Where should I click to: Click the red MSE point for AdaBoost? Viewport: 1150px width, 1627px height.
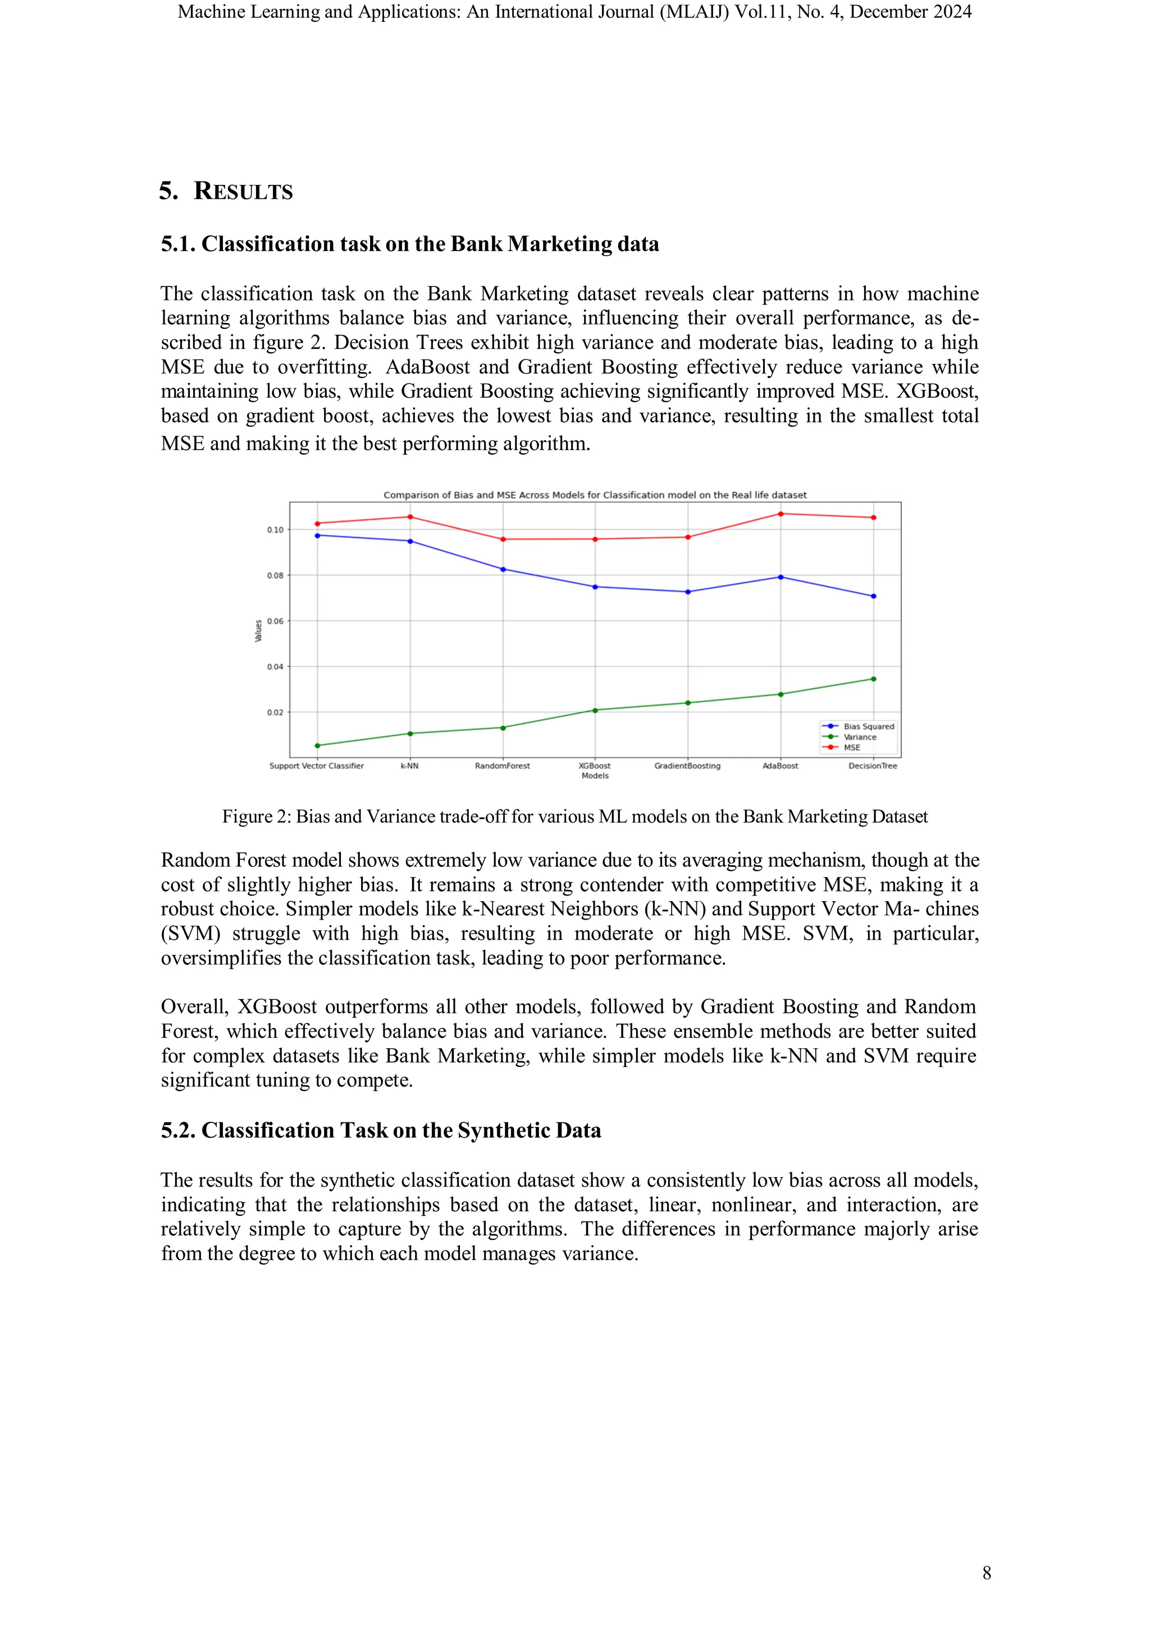point(781,513)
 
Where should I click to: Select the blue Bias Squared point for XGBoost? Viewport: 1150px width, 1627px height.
point(595,587)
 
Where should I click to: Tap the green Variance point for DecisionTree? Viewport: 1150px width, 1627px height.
point(873,679)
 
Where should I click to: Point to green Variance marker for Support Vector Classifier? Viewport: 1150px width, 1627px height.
point(317,746)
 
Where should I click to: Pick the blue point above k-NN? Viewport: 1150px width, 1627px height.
point(410,542)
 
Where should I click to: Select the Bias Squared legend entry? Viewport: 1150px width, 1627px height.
point(868,726)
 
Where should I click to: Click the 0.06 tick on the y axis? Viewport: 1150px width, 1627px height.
point(275,621)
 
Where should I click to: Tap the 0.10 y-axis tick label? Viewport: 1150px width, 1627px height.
point(275,530)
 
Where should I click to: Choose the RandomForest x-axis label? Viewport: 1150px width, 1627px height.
point(502,766)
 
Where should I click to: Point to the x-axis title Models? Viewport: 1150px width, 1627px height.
point(595,776)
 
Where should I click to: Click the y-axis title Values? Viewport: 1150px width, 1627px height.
point(258,631)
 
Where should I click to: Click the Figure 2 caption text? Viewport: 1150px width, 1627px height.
point(574,817)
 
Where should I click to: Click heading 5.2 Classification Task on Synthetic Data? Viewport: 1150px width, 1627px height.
point(380,1130)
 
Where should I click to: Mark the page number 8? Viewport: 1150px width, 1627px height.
point(987,1573)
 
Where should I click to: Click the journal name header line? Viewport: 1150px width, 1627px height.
point(574,12)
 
